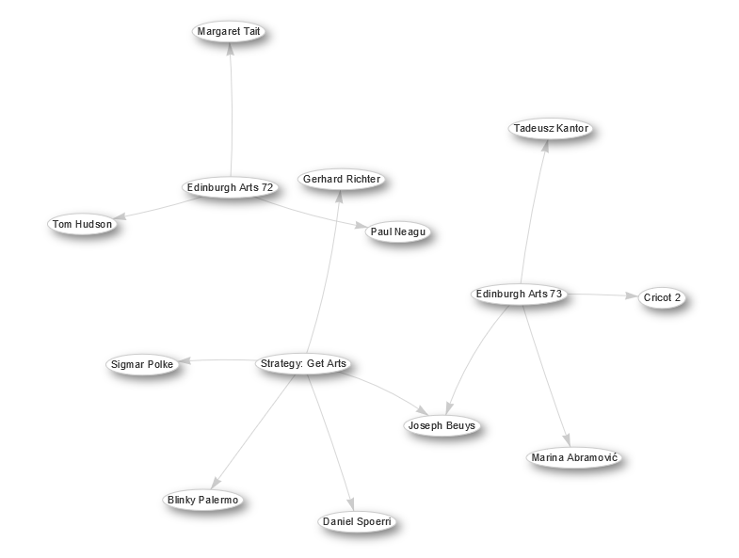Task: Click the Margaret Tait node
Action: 229,32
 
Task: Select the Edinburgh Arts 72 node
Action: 230,187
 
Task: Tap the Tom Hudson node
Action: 82,224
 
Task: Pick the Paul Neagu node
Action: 398,231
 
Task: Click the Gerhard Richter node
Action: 342,179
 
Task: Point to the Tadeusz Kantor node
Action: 551,128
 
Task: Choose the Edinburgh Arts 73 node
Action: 519,295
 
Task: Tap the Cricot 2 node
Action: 662,298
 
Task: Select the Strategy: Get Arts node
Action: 303,364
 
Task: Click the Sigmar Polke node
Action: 142,365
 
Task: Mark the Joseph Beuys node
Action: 442,425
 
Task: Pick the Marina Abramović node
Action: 574,457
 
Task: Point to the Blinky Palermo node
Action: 202,500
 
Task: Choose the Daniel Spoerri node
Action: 357,521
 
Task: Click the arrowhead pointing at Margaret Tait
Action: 230,49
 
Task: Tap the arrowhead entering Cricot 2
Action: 632,296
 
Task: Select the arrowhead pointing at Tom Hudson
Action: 120,216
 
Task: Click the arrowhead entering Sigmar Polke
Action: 185,361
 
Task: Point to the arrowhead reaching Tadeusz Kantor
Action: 545,146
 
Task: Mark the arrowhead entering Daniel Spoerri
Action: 350,504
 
